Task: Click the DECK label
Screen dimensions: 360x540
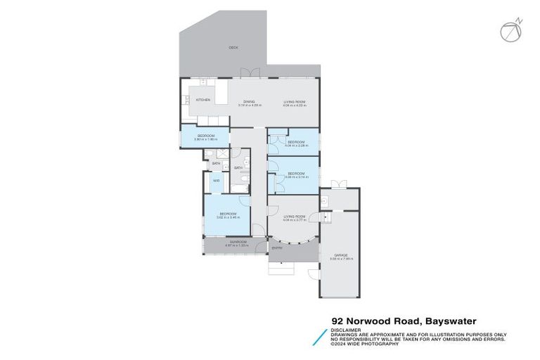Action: [233, 47]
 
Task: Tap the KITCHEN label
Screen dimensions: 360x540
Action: [203, 101]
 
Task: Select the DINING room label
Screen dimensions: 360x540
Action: [249, 102]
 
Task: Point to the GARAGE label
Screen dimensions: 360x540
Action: [341, 255]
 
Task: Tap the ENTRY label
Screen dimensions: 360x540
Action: [278, 247]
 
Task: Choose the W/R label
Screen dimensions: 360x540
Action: [216, 181]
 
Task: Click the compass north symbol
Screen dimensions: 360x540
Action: [511, 30]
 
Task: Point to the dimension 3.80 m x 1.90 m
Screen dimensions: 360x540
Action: [205, 139]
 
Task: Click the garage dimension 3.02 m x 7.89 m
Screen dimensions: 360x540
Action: [341, 259]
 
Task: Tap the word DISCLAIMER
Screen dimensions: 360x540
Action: [347, 329]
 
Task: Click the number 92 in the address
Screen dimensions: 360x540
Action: [338, 319]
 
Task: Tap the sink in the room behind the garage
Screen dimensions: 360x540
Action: [326, 201]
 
